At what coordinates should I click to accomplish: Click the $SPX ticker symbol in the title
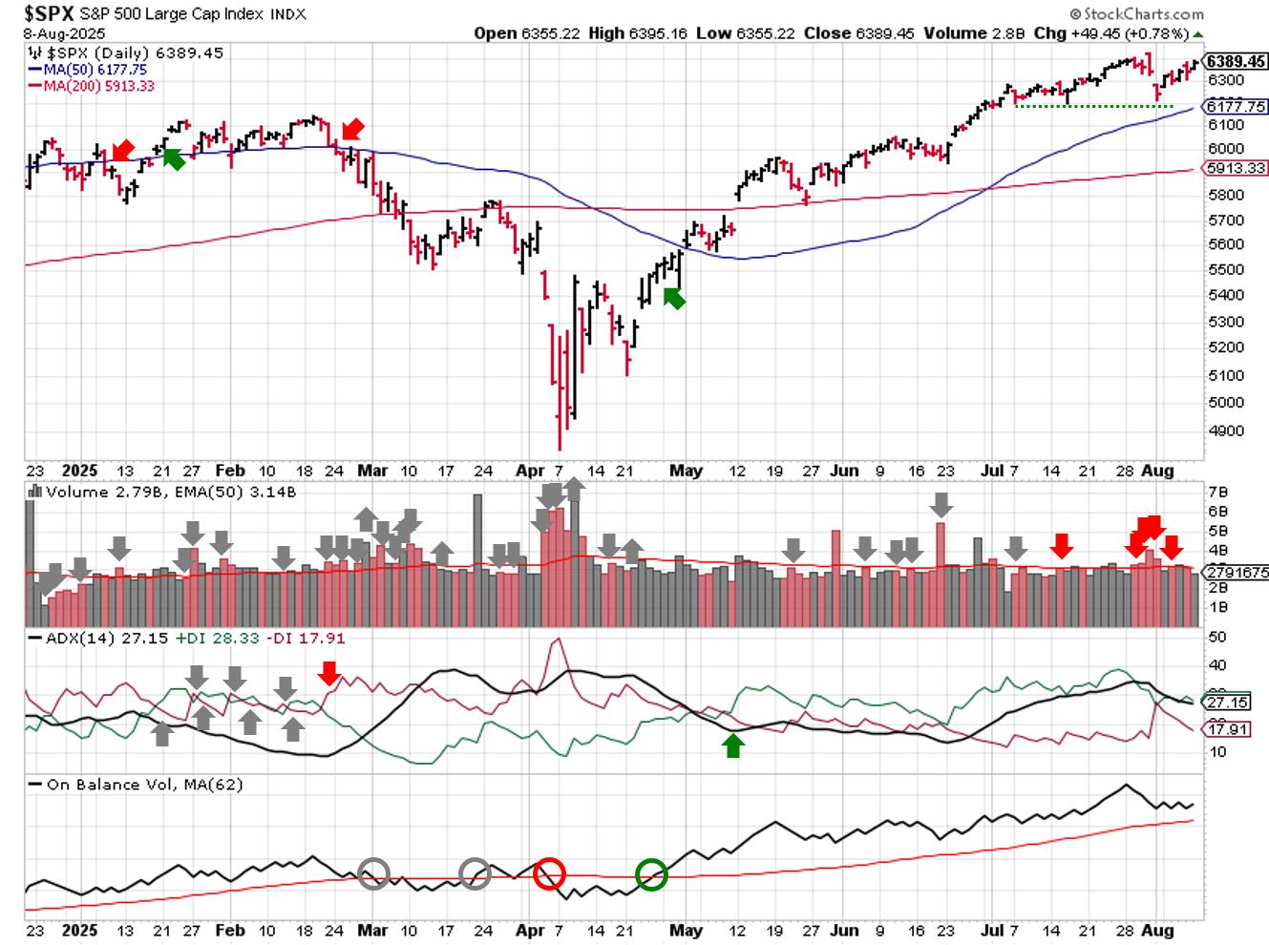point(49,13)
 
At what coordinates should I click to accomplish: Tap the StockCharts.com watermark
point(1137,13)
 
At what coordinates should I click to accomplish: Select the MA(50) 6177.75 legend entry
point(95,70)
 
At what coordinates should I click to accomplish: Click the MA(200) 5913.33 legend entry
point(98,86)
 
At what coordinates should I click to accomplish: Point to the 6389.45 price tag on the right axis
point(1237,62)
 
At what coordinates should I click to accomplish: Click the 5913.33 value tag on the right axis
point(1237,168)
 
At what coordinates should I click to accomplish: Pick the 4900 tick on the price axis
point(1226,430)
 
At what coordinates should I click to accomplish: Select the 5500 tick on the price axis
point(1226,270)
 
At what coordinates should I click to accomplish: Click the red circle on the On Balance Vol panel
point(549,873)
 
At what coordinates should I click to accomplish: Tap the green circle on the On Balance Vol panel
point(651,874)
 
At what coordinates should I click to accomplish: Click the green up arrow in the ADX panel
point(733,745)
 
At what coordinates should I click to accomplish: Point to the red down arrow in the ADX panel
point(329,673)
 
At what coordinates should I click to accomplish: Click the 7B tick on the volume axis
point(1218,493)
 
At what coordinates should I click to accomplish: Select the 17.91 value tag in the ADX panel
point(1229,729)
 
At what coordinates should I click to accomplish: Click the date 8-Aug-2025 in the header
point(65,33)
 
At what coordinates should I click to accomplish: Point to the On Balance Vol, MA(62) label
point(144,785)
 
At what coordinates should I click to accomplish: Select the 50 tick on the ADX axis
point(1217,637)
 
